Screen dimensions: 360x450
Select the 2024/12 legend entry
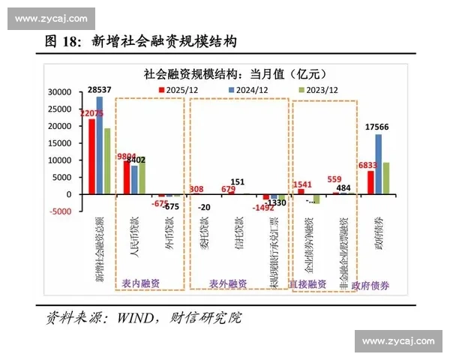tap(247, 88)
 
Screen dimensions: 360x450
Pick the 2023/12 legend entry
tap(313, 88)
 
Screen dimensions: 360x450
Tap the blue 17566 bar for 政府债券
tap(379, 163)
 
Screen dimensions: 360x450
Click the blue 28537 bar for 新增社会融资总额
tap(100, 145)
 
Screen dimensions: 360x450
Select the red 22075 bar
tap(91, 156)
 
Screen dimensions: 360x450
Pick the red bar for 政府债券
tap(370, 182)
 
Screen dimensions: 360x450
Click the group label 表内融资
tap(140, 283)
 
